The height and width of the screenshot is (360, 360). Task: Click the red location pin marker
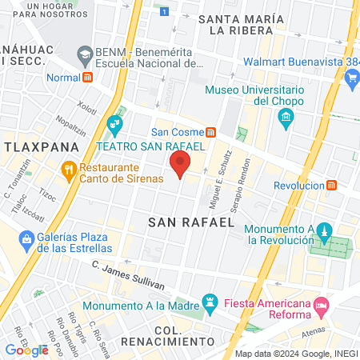[180, 163]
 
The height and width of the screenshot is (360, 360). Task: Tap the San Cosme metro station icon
[210, 133]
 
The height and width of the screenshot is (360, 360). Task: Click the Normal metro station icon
[88, 78]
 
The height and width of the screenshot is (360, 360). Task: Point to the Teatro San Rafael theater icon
[114, 123]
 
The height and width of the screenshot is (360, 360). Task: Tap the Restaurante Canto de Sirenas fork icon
[69, 170]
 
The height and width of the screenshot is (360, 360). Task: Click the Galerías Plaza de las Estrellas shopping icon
[27, 238]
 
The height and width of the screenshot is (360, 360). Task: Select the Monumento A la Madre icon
[210, 302]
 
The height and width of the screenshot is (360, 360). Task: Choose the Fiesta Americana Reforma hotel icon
[321, 305]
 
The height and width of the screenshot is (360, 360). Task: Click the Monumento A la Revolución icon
[324, 233]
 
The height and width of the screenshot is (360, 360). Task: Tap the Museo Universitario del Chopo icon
[286, 119]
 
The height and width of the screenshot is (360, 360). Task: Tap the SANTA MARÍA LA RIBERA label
[241, 24]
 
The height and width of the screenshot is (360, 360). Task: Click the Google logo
[26, 350]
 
